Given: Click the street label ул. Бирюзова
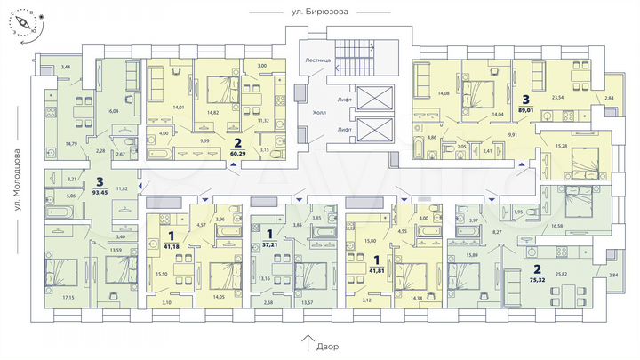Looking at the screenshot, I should tap(320, 12).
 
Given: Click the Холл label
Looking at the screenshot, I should tap(318, 113).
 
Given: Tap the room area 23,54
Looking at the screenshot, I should tap(560, 99).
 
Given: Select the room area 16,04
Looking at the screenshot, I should tap(113, 111).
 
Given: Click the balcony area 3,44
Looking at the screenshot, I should tap(65, 67).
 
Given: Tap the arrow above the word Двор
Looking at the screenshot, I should tap(308, 339).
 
